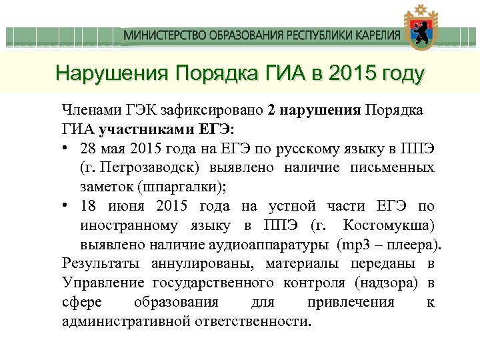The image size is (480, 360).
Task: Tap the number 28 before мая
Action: pos(88,147)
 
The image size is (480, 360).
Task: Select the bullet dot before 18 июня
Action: pos(67,206)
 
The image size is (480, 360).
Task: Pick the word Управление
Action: pos(103,283)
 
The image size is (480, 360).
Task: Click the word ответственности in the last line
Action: pos(255,321)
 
